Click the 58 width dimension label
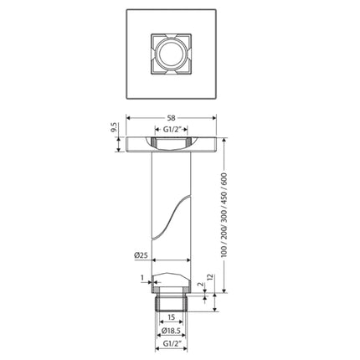172,119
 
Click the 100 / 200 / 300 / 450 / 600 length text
223,216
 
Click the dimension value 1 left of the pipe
143,278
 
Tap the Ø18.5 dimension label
172,331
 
